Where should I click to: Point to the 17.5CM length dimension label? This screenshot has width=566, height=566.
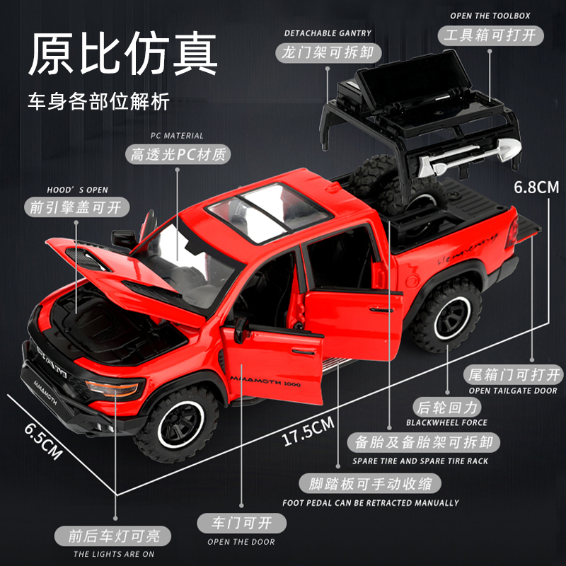coord(308,431)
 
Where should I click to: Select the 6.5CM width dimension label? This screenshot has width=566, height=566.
coord(42,439)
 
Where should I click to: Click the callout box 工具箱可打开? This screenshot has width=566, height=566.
coord(488,35)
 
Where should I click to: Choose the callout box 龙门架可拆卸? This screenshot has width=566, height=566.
coord(327,52)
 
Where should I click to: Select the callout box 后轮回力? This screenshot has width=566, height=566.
coord(446,407)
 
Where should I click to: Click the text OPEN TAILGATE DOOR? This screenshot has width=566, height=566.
coord(512,391)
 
